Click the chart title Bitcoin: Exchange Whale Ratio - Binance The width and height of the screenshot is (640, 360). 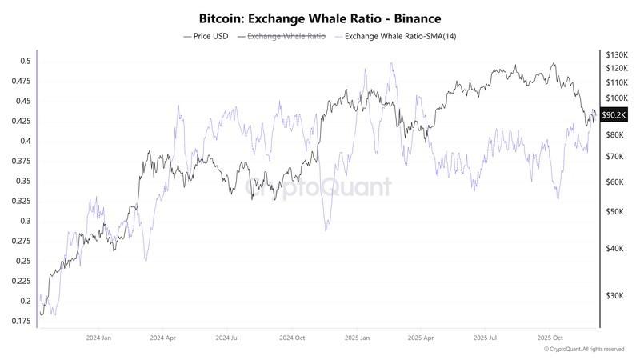click(x=320, y=18)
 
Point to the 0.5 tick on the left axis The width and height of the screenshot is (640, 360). click(x=26, y=61)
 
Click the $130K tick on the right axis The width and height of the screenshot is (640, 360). click(x=617, y=54)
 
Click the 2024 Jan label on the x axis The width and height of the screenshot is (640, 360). click(x=98, y=338)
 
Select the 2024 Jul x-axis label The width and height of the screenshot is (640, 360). click(x=227, y=338)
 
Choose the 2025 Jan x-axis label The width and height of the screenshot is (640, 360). click(x=358, y=338)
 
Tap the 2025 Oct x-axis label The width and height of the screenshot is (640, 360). click(x=551, y=338)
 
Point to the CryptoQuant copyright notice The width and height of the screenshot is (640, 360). click(x=583, y=350)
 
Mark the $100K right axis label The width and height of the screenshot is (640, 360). click(x=617, y=97)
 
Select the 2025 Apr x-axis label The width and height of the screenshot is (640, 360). click(x=422, y=338)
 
